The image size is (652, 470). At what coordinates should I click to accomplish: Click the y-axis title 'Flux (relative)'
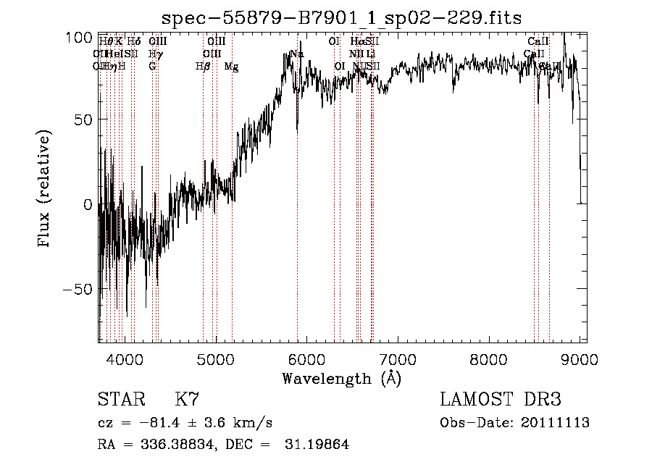pos(45,189)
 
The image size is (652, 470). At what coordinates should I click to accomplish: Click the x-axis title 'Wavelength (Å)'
pos(341,378)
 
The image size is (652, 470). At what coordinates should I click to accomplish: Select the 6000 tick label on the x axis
pos(306,358)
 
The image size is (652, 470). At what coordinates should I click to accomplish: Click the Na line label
pos(296,54)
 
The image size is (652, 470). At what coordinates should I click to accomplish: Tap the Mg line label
pos(231,67)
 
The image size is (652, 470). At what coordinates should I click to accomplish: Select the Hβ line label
pos(203,67)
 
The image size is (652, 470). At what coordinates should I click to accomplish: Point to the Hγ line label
pos(155,54)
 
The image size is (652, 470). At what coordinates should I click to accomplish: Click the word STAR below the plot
pos(121,400)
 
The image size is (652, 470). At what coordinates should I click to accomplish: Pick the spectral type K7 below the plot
pos(187,400)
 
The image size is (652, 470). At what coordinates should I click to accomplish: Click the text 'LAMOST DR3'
pos(500,400)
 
